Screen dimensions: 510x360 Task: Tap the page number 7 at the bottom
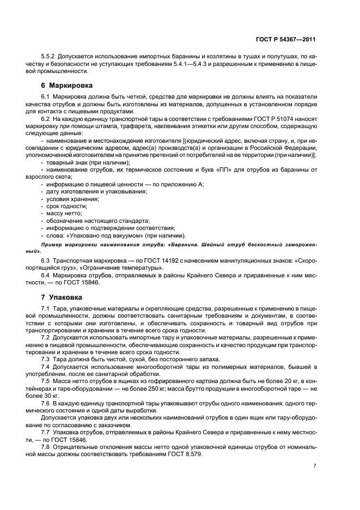tap(315, 466)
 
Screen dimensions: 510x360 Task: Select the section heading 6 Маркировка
tap(67, 86)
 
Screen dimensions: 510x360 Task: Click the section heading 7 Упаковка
tap(62, 298)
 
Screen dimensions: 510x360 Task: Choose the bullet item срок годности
tap(67, 207)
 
